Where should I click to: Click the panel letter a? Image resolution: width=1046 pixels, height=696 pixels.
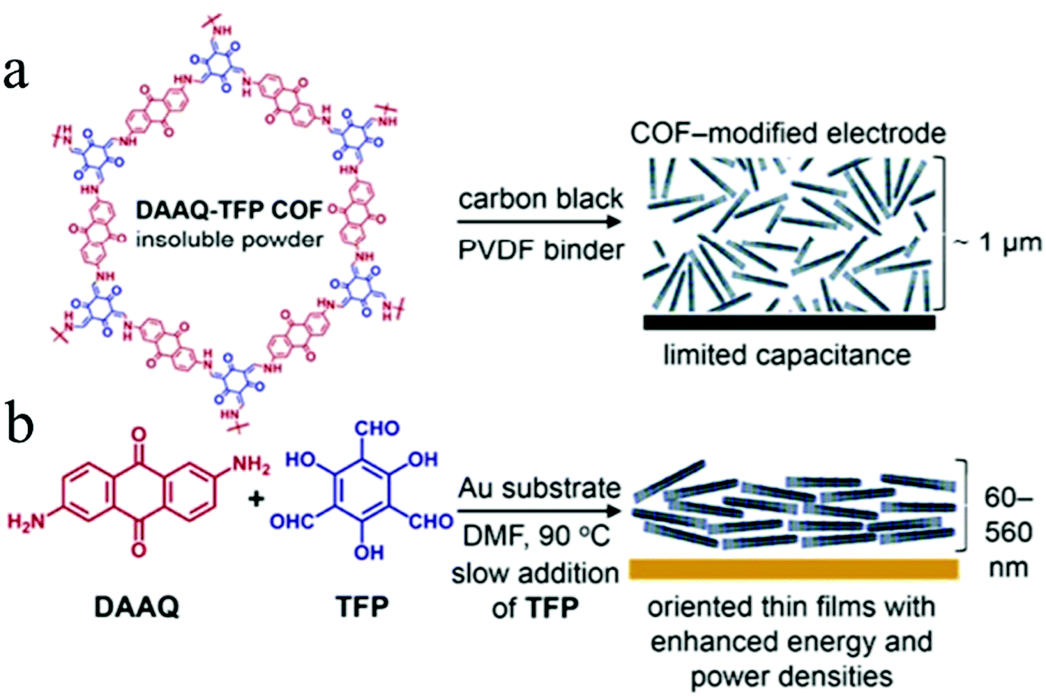click(16, 73)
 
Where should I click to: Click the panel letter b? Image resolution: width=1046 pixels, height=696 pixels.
click(19, 424)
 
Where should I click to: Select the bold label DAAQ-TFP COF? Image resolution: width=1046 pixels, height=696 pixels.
click(229, 209)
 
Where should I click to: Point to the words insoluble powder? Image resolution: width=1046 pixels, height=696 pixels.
click(229, 239)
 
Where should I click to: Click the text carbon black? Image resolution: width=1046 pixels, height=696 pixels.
click(540, 199)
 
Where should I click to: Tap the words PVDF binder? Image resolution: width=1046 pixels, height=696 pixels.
click(540, 250)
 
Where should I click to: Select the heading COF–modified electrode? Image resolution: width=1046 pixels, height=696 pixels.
click(788, 133)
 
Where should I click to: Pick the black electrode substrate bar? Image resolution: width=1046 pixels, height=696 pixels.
click(789, 322)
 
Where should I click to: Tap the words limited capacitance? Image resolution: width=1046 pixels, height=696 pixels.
click(787, 355)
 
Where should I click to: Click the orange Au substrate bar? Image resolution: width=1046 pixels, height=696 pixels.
click(794, 569)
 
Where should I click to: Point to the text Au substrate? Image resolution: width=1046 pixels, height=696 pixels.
click(539, 488)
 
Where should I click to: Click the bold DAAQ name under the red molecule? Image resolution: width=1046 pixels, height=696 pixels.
click(137, 607)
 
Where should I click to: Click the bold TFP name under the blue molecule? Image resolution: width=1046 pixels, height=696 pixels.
click(363, 607)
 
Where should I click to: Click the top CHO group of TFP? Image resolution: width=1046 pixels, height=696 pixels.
click(377, 428)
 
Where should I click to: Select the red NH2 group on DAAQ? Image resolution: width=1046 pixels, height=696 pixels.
click(250, 464)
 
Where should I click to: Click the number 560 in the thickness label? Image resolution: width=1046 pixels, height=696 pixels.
click(1008, 532)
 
